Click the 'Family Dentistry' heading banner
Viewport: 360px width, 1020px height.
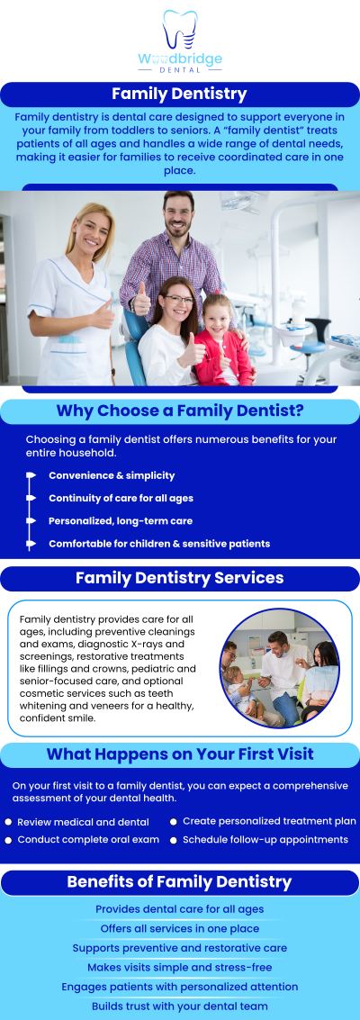point(179,95)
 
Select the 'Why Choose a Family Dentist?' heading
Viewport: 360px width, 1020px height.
point(179,411)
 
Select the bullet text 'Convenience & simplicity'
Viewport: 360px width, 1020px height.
point(112,475)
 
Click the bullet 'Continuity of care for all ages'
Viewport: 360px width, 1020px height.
point(121,498)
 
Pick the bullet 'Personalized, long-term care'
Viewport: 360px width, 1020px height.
point(121,520)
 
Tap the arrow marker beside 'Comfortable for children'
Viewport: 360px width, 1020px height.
point(31,544)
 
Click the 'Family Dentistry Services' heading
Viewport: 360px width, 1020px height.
point(179,578)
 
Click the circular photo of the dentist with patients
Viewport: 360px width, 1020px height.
point(279,667)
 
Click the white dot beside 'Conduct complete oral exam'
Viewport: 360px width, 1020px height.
point(8,840)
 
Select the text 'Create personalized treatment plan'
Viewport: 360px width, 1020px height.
point(269,821)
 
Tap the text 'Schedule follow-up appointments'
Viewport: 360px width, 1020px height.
point(265,839)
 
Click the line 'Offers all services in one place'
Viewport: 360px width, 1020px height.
point(179,928)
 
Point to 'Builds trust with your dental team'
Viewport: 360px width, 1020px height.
point(179,1006)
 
